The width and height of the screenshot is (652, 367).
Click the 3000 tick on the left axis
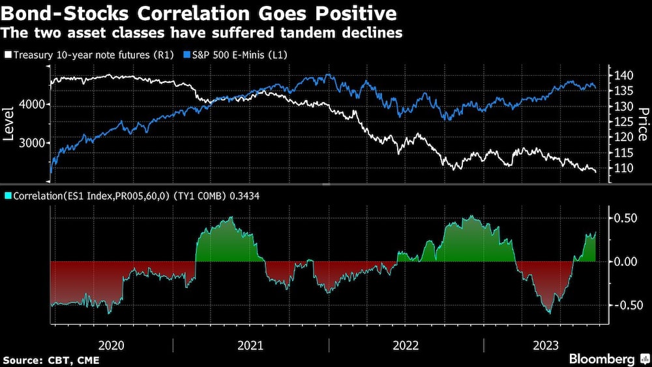(31, 143)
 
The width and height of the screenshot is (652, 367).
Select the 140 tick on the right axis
(623, 76)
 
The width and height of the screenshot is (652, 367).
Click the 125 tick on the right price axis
(623, 121)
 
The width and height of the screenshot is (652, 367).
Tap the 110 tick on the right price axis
(623, 168)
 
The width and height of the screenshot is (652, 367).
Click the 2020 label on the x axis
(111, 345)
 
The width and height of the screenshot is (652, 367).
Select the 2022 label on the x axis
(406, 345)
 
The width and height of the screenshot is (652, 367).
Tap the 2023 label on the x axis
(545, 345)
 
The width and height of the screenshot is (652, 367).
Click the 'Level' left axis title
(10, 124)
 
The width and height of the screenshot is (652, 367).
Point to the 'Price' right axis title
(642, 124)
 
